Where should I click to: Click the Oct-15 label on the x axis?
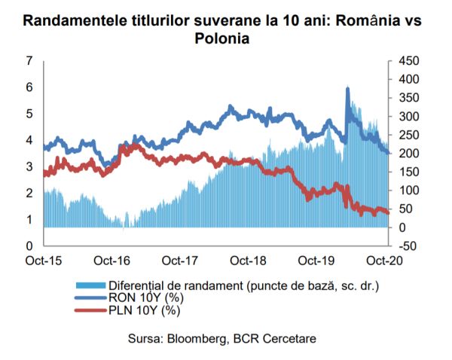[44, 261]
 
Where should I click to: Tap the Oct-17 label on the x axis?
[180, 261]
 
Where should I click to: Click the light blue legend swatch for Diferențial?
[90, 286]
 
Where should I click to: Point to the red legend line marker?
[90, 310]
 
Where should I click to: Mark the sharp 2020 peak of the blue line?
[347, 89]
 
